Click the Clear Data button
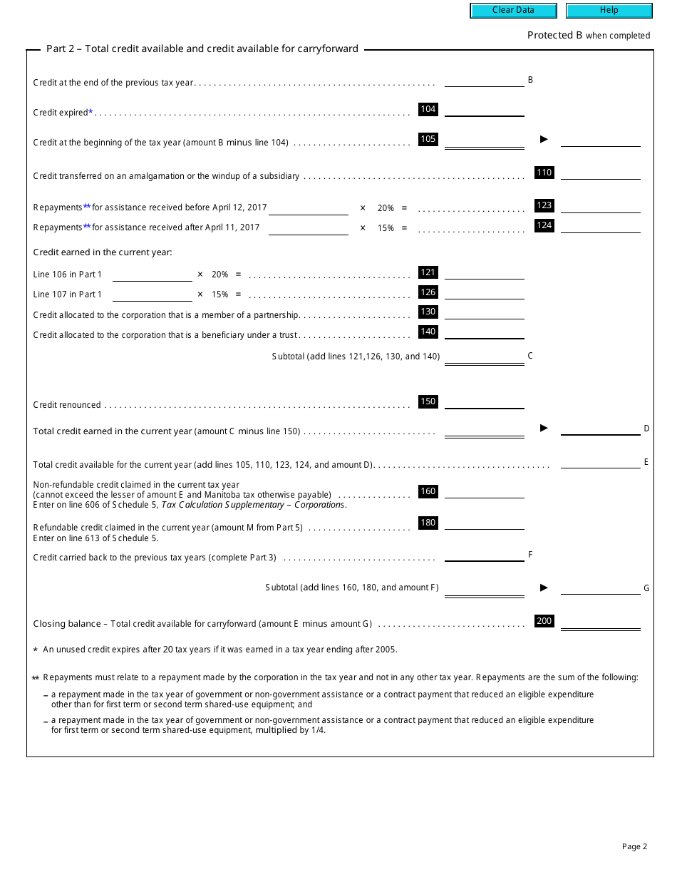[x=513, y=11]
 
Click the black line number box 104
[x=428, y=110]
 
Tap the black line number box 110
[x=544, y=173]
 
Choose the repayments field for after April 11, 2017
[x=309, y=227]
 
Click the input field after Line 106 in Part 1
[x=153, y=274]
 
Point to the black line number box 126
[x=428, y=292]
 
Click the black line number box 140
[x=428, y=332]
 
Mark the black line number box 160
[x=428, y=491]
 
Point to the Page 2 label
[x=634, y=847]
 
